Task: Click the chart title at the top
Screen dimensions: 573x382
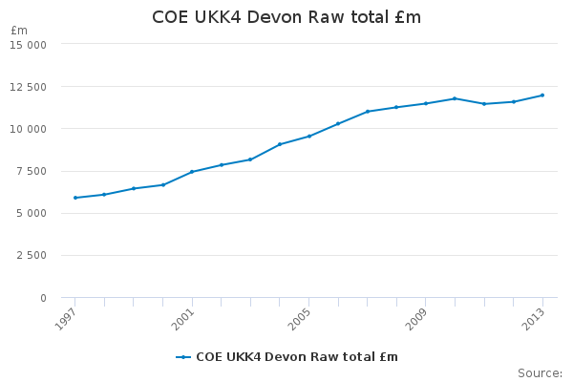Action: [x=286, y=17]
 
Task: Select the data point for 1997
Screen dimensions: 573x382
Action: [x=75, y=198]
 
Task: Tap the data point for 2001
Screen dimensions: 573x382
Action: [x=192, y=172]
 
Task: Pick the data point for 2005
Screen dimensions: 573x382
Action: [x=309, y=137]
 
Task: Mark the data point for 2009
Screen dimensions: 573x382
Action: [x=426, y=103]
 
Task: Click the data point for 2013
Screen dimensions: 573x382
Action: [x=542, y=95]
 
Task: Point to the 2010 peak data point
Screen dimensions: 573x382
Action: [x=455, y=98]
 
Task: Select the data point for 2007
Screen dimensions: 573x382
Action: [x=368, y=112]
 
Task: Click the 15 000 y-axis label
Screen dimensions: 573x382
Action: [x=28, y=45]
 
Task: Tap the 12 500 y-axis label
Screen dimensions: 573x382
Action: [x=28, y=87]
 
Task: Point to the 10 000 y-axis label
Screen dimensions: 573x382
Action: [x=28, y=130]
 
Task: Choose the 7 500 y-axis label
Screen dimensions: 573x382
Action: [x=32, y=172]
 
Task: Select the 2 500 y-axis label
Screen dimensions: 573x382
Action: [x=32, y=256]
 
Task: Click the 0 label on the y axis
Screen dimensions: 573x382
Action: [x=44, y=298]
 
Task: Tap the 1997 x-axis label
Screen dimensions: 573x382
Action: [x=66, y=319]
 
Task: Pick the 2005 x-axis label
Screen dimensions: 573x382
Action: [x=300, y=319]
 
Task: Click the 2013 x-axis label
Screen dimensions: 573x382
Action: [x=533, y=319]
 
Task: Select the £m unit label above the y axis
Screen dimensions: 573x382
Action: [x=19, y=31]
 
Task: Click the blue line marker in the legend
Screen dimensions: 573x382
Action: [x=183, y=357]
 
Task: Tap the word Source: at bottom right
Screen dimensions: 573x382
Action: [x=541, y=373]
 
